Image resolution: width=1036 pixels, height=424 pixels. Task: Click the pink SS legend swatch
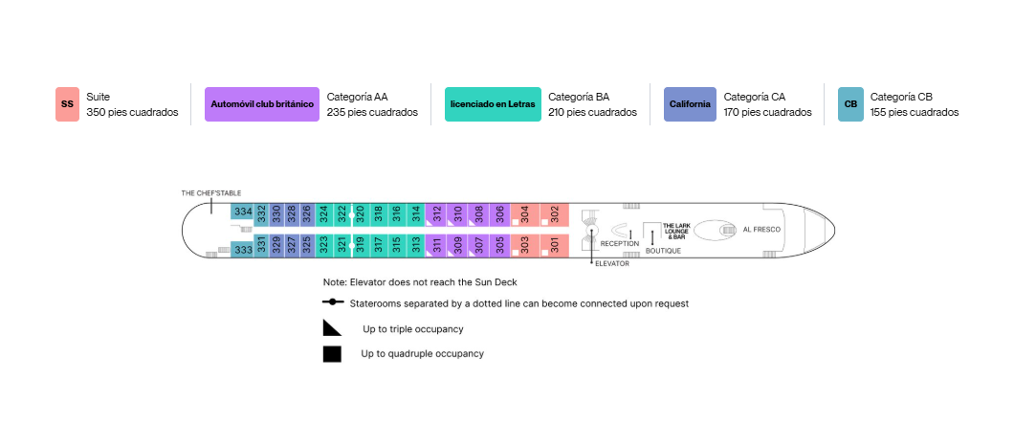(x=67, y=104)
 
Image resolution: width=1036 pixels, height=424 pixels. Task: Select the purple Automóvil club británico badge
(x=262, y=104)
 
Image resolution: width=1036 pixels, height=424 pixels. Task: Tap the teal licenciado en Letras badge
(x=493, y=104)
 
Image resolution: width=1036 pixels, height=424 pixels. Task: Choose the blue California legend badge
(x=690, y=104)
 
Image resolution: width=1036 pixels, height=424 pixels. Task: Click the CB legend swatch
(x=850, y=104)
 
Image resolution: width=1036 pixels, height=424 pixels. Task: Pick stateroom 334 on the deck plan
(x=243, y=212)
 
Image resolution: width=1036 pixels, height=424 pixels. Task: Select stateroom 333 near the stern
(x=243, y=250)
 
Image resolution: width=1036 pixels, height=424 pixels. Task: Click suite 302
(x=554, y=214)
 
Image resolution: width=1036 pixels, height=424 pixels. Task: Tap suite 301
(x=554, y=246)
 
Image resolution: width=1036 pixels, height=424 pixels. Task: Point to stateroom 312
(x=436, y=214)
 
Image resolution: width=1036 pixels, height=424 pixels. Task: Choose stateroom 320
(x=360, y=214)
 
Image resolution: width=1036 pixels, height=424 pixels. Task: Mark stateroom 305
(x=499, y=246)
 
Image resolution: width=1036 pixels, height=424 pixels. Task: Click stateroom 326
(x=306, y=214)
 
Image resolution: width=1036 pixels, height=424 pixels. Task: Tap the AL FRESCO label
(x=761, y=230)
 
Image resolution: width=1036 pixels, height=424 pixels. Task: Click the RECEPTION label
(x=620, y=243)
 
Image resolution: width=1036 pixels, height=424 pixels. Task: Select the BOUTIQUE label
(x=663, y=252)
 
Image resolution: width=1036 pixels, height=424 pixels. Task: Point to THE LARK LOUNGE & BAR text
(x=676, y=231)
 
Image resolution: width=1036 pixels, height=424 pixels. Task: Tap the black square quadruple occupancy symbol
(x=332, y=354)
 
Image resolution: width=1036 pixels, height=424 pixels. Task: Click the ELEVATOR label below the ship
(x=612, y=264)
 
